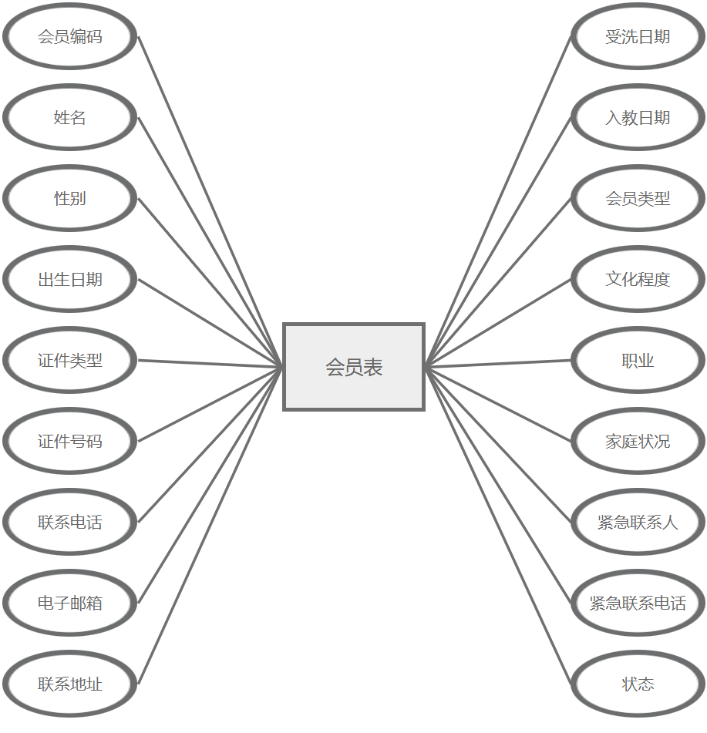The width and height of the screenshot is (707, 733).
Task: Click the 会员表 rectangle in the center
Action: pyautogui.click(x=354, y=367)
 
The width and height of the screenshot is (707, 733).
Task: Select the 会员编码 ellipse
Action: pyautogui.click(x=70, y=37)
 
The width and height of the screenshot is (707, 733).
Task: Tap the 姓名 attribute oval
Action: pyautogui.click(x=70, y=118)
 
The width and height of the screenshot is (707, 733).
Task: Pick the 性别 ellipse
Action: pyautogui.click(x=70, y=199)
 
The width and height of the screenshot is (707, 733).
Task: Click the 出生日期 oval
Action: pyautogui.click(x=70, y=280)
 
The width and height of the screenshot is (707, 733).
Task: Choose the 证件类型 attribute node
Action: pyautogui.click(x=70, y=361)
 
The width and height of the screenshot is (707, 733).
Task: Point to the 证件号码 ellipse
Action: pyautogui.click(x=70, y=442)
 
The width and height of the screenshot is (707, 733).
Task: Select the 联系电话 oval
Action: pyautogui.click(x=70, y=523)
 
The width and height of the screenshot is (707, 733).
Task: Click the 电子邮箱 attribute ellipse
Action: pyautogui.click(x=70, y=604)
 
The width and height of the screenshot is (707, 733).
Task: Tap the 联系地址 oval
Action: pyautogui.click(x=70, y=684)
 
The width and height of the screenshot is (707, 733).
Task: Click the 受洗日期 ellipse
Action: pyautogui.click(x=638, y=37)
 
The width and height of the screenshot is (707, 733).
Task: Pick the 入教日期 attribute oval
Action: pyautogui.click(x=638, y=118)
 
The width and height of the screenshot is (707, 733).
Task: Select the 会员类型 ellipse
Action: pyautogui.click(x=638, y=199)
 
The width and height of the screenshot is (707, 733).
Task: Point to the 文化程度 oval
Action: pyautogui.click(x=638, y=280)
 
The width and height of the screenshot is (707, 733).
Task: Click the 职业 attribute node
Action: pyautogui.click(x=638, y=361)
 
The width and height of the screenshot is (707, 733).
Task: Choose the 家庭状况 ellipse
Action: pyautogui.click(x=638, y=442)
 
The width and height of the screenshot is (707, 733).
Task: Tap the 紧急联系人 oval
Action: pyautogui.click(x=638, y=523)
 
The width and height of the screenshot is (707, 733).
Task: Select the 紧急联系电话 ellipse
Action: pyautogui.click(x=638, y=604)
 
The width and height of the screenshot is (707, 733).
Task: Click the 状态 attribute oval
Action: pyautogui.click(x=638, y=684)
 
